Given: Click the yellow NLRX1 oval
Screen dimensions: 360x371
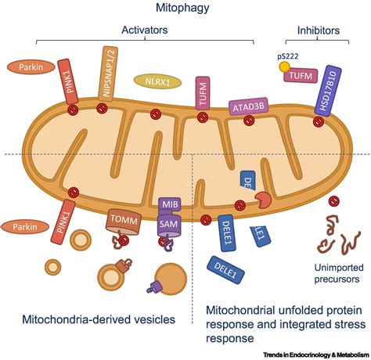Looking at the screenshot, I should pos(156,81).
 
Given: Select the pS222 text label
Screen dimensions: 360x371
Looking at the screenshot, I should pos(288,57).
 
